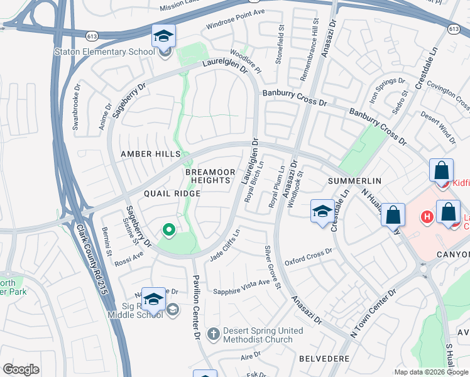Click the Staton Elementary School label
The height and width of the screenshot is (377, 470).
104,52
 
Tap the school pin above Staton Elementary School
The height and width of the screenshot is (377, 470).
163,36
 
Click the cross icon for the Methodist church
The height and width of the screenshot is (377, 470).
213,333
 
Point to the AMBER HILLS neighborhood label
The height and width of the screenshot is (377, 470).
151,154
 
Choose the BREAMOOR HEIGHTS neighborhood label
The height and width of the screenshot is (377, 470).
210,176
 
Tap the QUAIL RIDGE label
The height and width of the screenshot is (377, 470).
172,194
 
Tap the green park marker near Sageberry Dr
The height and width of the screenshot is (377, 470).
168,231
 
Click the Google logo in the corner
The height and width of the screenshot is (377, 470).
21,369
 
